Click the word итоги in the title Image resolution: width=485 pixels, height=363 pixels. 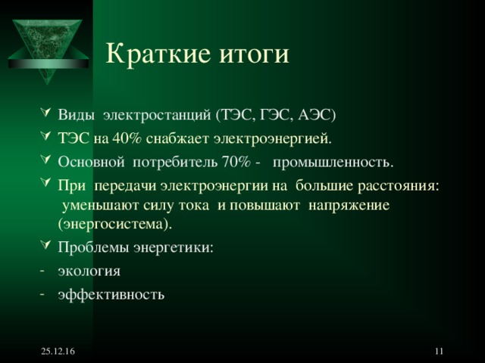tap(252, 54)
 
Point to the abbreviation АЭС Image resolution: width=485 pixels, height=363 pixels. tap(318, 116)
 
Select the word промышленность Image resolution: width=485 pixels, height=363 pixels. tap(333, 163)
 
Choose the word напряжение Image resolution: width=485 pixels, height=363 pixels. tap(347, 205)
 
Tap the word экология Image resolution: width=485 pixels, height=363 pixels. tap(89, 271)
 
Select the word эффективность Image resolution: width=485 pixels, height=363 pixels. tap(111, 294)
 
